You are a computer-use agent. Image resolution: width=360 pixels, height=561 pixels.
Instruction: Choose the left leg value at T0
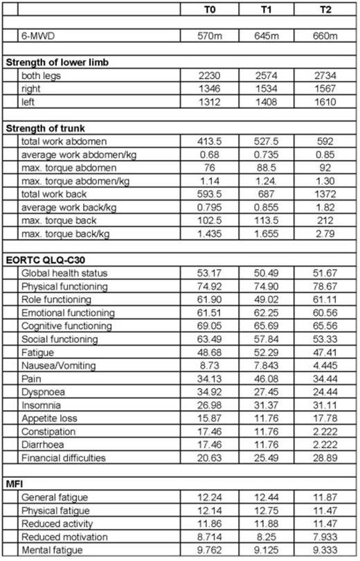210,102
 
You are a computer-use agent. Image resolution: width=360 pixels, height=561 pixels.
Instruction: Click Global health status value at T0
210,274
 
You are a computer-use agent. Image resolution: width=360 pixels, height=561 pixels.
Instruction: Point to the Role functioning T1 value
268,300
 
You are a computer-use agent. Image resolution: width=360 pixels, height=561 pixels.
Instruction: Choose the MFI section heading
15,485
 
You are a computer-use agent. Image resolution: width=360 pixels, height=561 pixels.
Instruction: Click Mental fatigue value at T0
210,551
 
